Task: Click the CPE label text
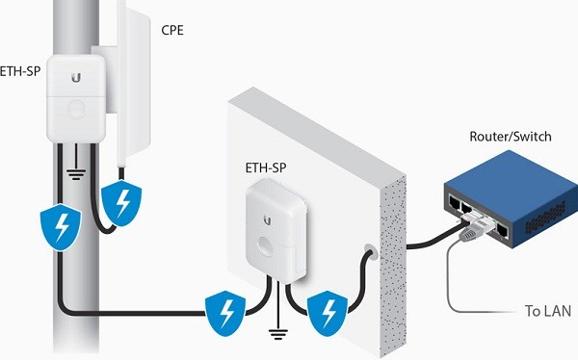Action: (x=174, y=30)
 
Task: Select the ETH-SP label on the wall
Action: (x=265, y=167)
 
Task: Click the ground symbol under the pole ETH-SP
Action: (x=73, y=174)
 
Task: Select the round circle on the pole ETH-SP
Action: (x=73, y=108)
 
